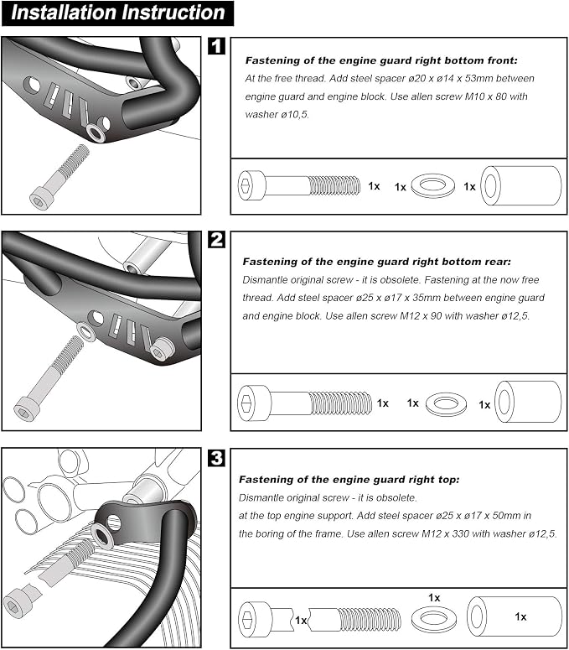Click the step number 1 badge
click(216, 46)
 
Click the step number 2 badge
click(216, 240)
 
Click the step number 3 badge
click(216, 458)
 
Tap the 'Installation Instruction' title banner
click(117, 13)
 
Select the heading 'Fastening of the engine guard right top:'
click(349, 480)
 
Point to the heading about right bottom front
click(381, 60)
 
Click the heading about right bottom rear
click(377, 262)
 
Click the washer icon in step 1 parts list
click(432, 185)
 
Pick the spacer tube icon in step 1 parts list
click(521, 185)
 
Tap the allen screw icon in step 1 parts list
click(299, 185)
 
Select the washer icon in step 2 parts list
click(446, 404)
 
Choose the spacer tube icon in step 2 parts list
click(528, 402)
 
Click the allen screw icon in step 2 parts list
click(305, 403)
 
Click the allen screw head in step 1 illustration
click(39, 199)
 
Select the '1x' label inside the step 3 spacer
click(520, 616)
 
